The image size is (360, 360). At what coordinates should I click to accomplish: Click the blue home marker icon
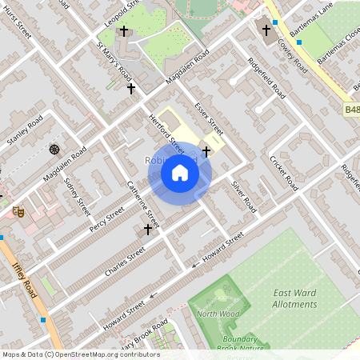click(180, 173)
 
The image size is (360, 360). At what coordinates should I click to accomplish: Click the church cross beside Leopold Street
click(123, 31)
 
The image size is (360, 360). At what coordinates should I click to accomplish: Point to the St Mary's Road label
click(114, 59)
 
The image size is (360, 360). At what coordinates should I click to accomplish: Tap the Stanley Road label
click(24, 132)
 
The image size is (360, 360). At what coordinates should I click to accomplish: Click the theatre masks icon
click(18, 211)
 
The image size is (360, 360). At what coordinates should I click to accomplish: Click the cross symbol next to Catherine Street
click(147, 230)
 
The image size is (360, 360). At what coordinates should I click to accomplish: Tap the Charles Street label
click(125, 262)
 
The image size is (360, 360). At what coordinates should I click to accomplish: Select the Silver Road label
click(243, 194)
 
